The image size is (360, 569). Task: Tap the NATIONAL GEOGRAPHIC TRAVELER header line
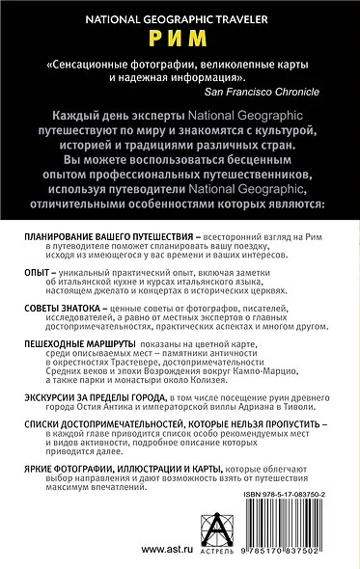point(180,17)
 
